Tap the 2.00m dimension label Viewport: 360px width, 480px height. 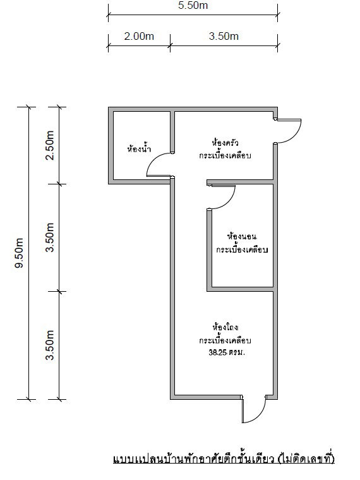click(x=139, y=36)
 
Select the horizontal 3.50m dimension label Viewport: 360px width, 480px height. click(x=224, y=36)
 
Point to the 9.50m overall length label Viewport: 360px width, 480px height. click(x=19, y=253)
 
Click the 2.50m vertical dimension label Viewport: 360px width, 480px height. click(x=51, y=147)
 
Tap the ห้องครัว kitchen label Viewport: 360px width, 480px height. click(x=225, y=142)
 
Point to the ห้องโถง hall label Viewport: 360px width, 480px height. click(x=225, y=327)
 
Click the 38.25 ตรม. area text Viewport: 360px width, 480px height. click(x=226, y=354)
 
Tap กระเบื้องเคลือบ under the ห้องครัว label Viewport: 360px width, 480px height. click(x=225, y=155)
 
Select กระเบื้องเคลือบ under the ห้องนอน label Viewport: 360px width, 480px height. click(x=242, y=250)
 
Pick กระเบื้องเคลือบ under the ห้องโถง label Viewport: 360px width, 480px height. click(x=225, y=340)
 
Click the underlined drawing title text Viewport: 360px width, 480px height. click(x=222, y=458)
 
